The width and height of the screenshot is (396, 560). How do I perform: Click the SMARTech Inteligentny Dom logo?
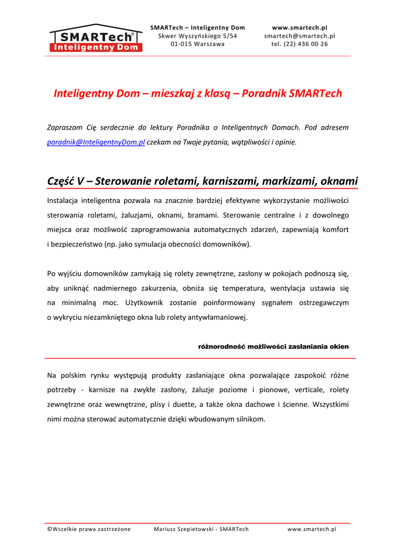[96, 38]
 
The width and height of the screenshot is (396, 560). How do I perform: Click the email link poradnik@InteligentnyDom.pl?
[96, 142]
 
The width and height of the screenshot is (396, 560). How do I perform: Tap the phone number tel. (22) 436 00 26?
[299, 44]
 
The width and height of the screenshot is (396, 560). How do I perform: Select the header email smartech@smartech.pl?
[299, 36]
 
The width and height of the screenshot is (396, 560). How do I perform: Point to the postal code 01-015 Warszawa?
[197, 44]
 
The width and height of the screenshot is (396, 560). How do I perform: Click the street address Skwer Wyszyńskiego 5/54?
[197, 36]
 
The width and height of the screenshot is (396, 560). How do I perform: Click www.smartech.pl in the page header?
[299, 27]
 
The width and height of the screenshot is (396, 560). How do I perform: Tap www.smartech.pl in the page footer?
[312, 529]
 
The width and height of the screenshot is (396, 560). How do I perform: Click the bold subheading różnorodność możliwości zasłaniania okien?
[273, 347]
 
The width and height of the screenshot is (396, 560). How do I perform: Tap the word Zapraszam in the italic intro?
[65, 127]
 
